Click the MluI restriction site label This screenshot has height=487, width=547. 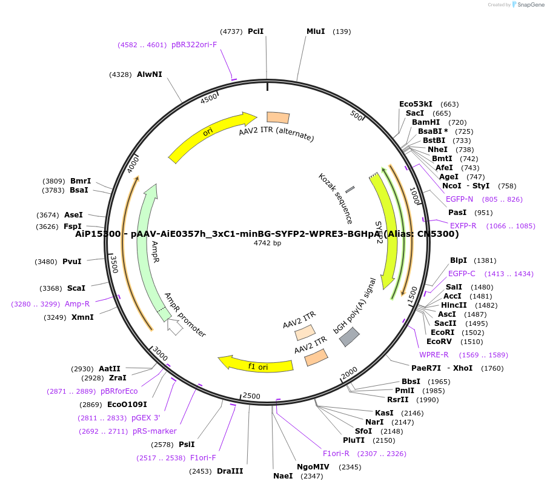[316, 31]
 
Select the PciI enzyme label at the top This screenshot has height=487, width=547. [256, 31]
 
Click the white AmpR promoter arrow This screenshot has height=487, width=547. [174, 326]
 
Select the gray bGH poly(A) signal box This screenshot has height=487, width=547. [350, 337]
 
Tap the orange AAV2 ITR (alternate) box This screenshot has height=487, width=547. [278, 118]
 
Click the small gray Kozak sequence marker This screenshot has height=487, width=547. [350, 191]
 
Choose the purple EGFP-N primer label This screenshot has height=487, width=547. [459, 199]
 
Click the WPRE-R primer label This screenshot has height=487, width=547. [434, 355]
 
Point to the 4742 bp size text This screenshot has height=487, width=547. [267, 243]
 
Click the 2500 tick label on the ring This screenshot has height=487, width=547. [251, 397]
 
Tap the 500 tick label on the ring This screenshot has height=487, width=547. [356, 115]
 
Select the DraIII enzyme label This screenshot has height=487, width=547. [230, 471]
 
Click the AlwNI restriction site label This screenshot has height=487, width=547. [149, 75]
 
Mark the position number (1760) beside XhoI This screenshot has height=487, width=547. [492, 368]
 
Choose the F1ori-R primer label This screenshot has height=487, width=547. [336, 453]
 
